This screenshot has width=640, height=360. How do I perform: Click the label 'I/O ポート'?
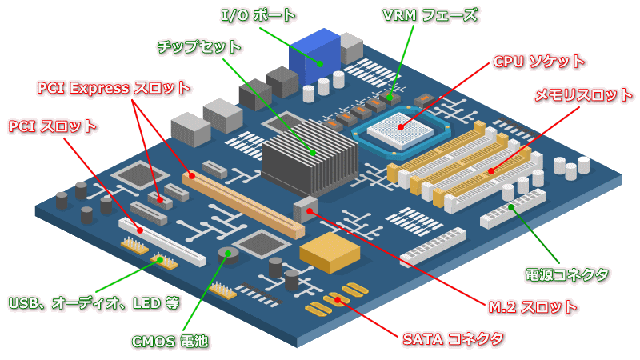(258, 15)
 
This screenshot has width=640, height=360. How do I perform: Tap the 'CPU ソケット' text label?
(538, 62)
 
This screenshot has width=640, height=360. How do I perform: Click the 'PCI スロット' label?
(53, 126)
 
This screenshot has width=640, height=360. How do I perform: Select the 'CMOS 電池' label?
(170, 341)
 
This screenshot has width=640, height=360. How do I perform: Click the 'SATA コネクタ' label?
(453, 338)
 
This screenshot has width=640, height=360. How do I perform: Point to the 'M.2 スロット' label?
(532, 306)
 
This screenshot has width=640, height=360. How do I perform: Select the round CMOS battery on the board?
(228, 254)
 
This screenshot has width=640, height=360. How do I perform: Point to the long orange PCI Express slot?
(244, 204)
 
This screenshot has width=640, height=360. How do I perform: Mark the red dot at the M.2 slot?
(309, 211)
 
